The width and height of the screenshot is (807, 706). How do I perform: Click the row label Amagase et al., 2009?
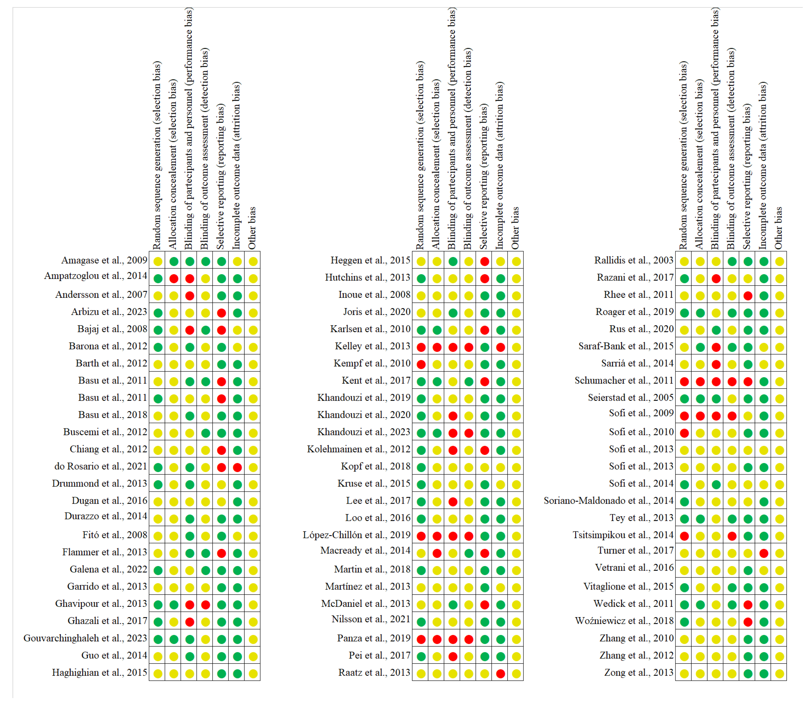104,260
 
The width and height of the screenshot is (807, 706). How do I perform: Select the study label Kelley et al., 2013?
372,346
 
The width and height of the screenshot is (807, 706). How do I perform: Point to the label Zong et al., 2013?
639,673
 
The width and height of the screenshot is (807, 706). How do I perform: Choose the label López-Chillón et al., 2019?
356,535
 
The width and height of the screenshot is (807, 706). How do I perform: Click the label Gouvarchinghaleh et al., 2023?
85,638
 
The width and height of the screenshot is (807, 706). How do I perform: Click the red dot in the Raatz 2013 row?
501,674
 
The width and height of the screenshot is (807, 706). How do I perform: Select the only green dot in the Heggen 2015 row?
453,261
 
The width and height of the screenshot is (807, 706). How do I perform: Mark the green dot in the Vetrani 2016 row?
748,570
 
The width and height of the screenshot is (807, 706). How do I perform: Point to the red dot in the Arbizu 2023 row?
222,313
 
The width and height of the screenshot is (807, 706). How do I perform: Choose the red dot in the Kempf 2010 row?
421,365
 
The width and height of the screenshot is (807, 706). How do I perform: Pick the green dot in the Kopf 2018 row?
421,468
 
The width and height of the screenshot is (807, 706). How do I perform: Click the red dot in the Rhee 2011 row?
748,296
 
